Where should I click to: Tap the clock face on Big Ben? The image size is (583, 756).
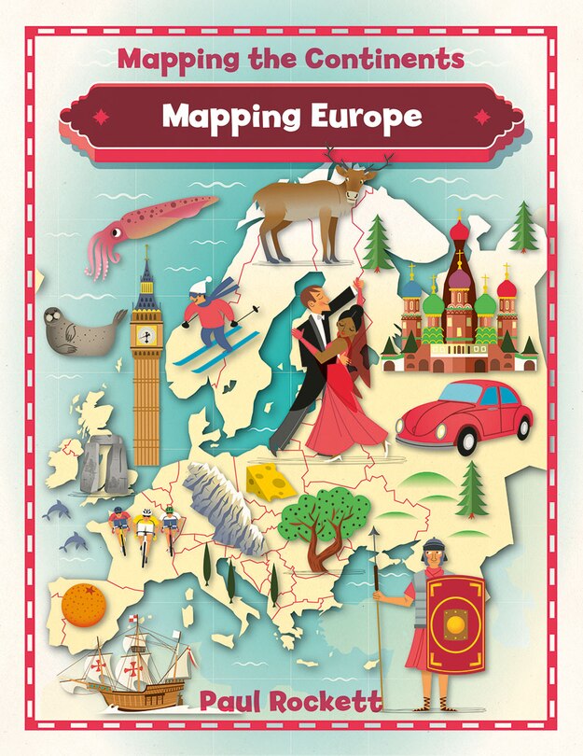click(x=146, y=334)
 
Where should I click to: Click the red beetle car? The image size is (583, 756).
click(x=463, y=415)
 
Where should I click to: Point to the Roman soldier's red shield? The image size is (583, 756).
click(x=455, y=623)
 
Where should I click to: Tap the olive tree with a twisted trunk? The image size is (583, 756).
click(x=322, y=523)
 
